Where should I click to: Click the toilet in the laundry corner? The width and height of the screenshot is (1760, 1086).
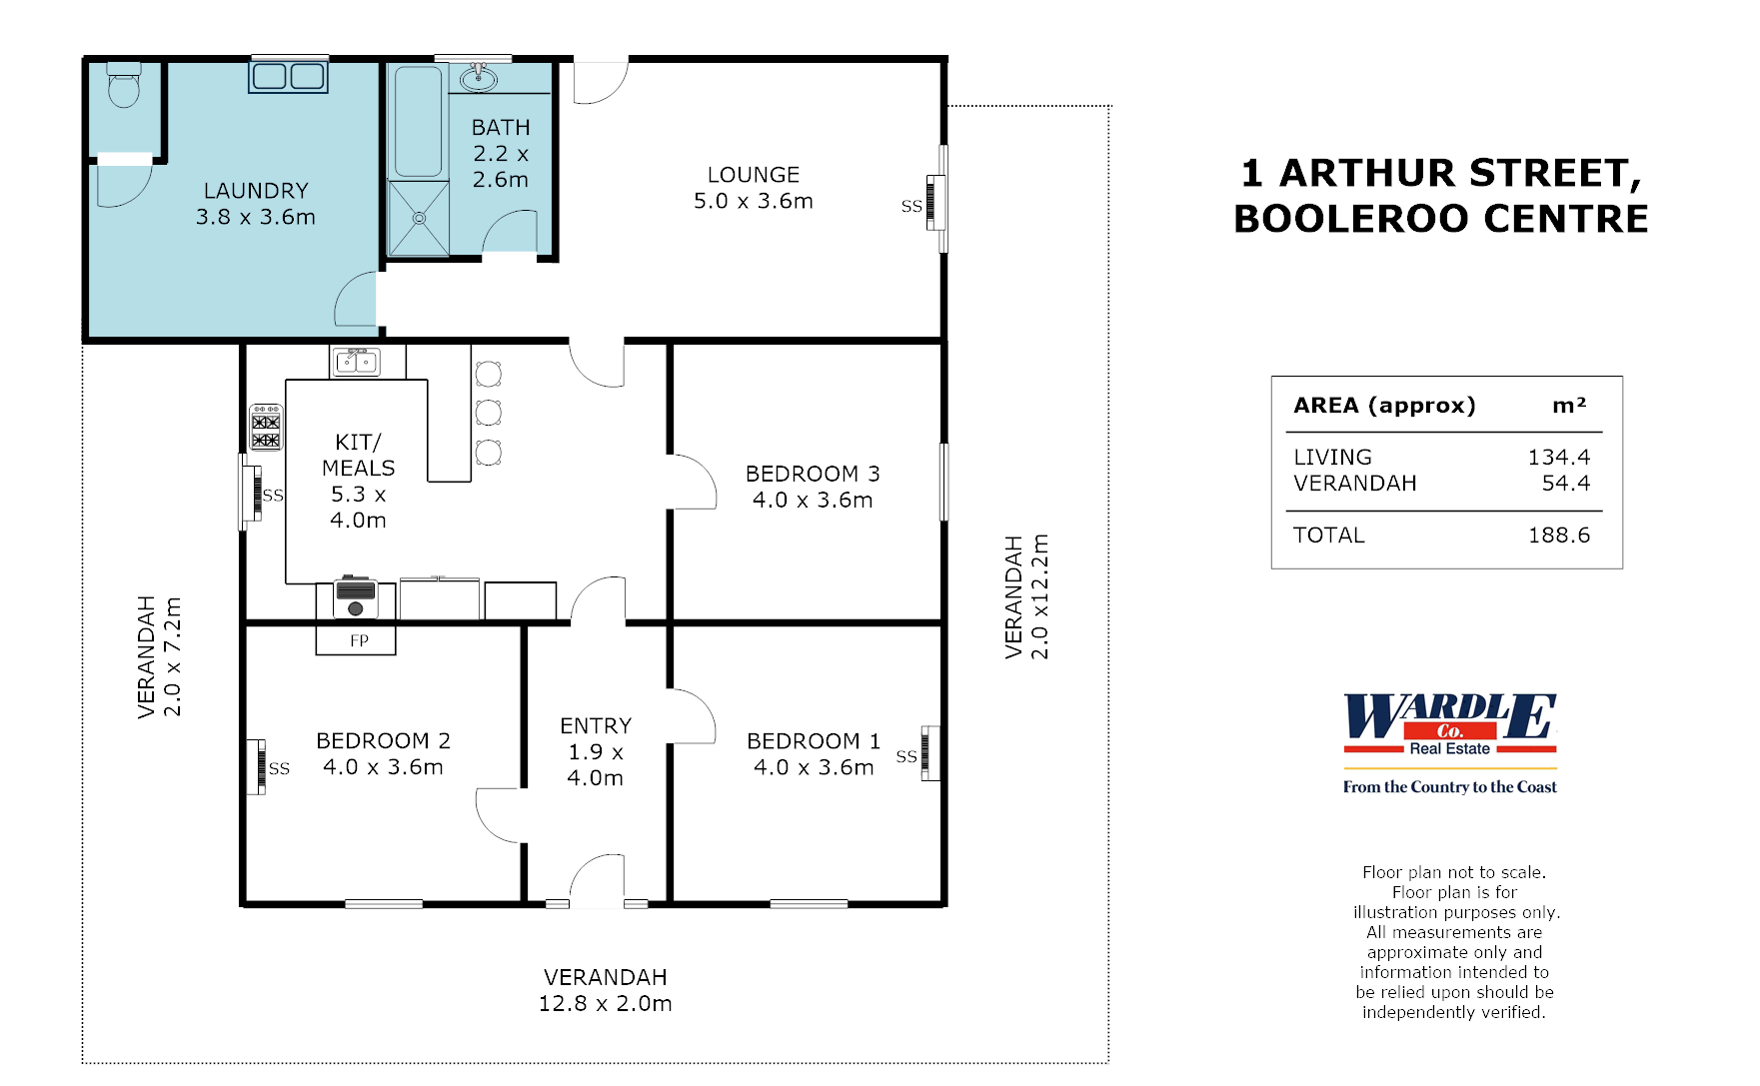click(x=124, y=87)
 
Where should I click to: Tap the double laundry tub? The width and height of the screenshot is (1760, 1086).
click(x=288, y=76)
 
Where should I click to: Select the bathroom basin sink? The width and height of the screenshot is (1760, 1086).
click(x=479, y=77)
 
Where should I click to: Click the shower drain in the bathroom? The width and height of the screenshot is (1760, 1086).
click(x=419, y=218)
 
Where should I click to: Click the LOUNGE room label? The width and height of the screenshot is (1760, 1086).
click(x=754, y=175)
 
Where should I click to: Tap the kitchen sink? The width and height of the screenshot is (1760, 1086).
click(x=356, y=361)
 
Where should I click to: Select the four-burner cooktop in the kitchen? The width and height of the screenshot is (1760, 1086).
click(x=266, y=427)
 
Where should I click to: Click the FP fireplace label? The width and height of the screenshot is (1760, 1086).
click(x=359, y=640)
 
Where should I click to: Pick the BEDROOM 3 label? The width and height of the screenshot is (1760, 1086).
click(x=813, y=474)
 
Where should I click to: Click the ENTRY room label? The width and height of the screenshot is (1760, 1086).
click(x=596, y=726)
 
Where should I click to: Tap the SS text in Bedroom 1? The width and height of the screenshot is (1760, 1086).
click(x=905, y=756)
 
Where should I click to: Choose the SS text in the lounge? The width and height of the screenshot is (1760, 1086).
click(x=910, y=207)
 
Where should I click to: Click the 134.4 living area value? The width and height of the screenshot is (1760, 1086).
click(x=1558, y=458)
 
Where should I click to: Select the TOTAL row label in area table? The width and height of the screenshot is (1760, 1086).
click(x=1328, y=536)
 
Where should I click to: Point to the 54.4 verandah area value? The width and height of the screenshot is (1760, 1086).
click(x=1565, y=484)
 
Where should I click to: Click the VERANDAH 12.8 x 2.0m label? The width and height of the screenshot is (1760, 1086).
click(x=605, y=990)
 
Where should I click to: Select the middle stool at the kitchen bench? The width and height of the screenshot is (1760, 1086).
click(x=488, y=412)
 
